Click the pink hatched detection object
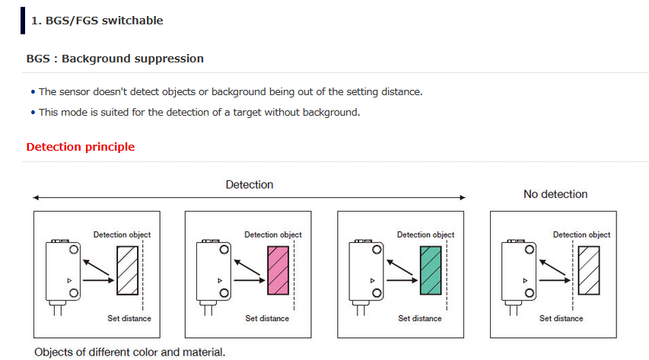tap(278, 270)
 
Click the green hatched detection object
tap(431, 270)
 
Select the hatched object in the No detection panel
tap(589, 270)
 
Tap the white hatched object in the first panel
tap(128, 270)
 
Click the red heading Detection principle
tap(81, 147)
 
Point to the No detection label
tap(555, 194)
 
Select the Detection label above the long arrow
tap(249, 184)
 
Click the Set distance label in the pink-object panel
tap(267, 318)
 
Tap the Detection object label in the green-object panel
tap(425, 234)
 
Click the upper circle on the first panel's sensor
tap(74, 250)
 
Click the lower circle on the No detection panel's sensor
tap(530, 293)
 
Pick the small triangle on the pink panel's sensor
tap(220, 280)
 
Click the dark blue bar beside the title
tap(23, 21)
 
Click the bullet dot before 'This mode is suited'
tap(33, 113)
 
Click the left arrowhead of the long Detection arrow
tap(36, 198)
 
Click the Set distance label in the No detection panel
tap(562, 318)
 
